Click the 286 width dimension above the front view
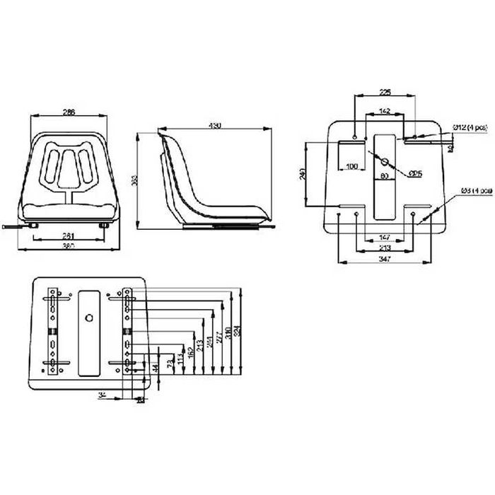[x=69, y=112]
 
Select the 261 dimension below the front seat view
[x=69, y=235]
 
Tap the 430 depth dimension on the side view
[x=215, y=125]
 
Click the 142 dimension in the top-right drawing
[x=385, y=110]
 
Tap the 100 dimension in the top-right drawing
[x=351, y=166]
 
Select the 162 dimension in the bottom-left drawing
[x=191, y=351]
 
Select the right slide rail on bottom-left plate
[x=127, y=330]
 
